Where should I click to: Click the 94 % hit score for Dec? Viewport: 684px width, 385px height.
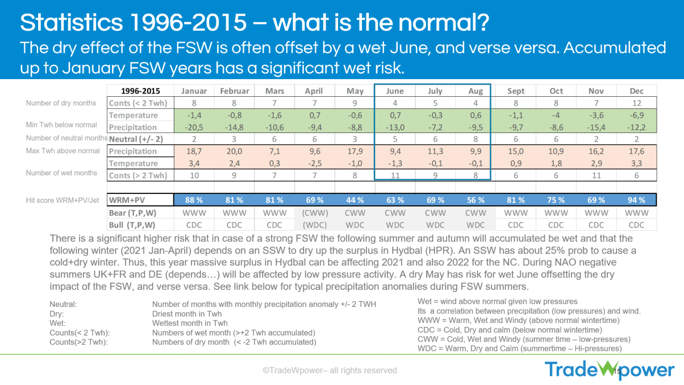point(637,200)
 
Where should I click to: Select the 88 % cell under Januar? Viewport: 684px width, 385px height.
point(194,200)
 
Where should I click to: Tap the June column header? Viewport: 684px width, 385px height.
point(395,91)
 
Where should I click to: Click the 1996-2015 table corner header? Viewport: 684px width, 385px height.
point(140,91)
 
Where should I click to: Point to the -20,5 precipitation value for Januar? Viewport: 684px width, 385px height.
point(194,127)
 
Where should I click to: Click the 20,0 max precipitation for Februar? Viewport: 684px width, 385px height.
point(235,151)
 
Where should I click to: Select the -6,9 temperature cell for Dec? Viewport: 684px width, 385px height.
point(637,115)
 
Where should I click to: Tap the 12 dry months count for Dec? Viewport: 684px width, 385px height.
point(637,103)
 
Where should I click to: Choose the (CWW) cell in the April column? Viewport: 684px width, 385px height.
point(315,213)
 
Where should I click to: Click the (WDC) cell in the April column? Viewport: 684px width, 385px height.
point(315,225)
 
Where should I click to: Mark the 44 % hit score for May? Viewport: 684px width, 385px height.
point(355,200)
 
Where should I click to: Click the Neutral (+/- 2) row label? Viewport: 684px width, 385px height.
point(136,139)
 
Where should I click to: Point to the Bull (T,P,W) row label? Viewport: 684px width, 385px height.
point(132,225)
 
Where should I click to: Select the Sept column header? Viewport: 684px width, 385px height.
point(516,91)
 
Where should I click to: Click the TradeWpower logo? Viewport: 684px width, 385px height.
point(609,370)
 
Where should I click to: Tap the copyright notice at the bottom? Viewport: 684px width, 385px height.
point(330,370)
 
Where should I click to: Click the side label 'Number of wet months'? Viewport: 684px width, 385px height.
point(62,173)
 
